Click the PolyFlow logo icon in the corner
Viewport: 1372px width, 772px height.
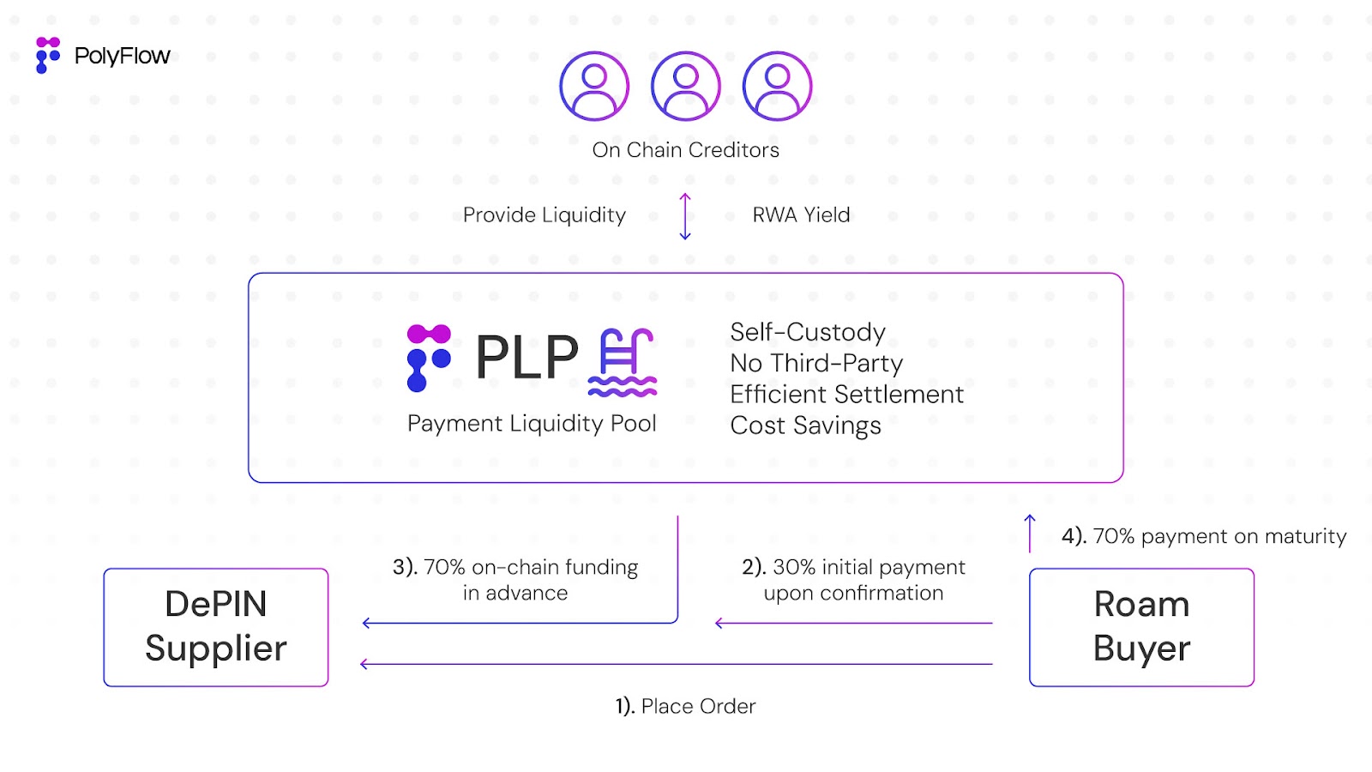[x=48, y=55]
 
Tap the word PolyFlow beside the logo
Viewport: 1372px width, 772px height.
[x=123, y=56]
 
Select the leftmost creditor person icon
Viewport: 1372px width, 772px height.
[x=594, y=86]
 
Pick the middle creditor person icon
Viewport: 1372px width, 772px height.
[x=686, y=86]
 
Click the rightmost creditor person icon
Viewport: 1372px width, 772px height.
[x=777, y=86]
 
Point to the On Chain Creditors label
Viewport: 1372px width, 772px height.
[x=686, y=150]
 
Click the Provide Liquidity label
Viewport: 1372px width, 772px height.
[x=545, y=214]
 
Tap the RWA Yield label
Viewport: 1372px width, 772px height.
[x=801, y=214]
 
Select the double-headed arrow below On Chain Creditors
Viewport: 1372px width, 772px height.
[x=685, y=216]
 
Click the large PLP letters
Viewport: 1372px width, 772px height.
[x=527, y=358]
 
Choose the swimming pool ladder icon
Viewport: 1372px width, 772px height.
[x=623, y=362]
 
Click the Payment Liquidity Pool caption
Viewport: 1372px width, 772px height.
[x=532, y=424]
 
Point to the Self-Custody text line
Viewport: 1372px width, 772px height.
[x=808, y=332]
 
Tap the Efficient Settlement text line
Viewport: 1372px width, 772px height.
[x=846, y=395]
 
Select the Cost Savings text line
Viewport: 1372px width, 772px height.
[x=805, y=425]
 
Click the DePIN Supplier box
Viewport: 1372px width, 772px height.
[x=216, y=627]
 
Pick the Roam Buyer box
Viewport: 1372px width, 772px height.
[x=1141, y=627]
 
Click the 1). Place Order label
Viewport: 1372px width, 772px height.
[x=686, y=706]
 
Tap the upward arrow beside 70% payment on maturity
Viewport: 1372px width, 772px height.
[x=1030, y=533]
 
